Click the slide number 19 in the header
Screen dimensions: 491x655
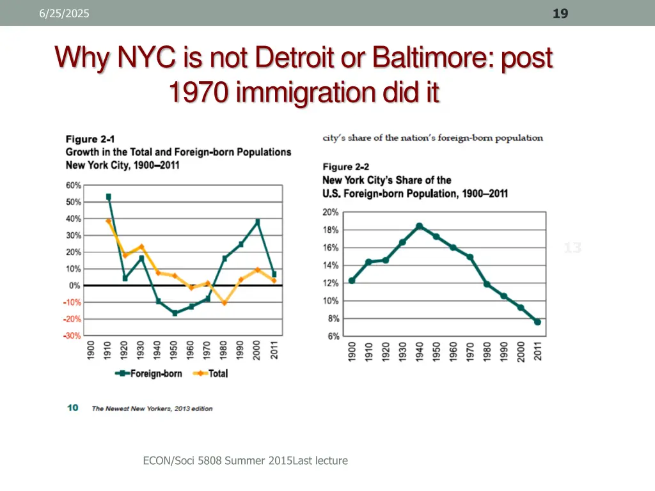(x=560, y=13)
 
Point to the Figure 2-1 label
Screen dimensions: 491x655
(x=86, y=139)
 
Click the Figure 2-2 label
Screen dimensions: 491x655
(x=345, y=167)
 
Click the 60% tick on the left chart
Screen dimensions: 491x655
(x=73, y=185)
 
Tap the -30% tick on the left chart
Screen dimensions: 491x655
(x=72, y=336)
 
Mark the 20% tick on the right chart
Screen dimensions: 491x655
(x=331, y=212)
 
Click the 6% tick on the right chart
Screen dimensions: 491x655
(x=333, y=336)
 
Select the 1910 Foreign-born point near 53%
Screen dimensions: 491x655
(x=109, y=197)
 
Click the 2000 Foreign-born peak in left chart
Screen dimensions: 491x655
(x=257, y=222)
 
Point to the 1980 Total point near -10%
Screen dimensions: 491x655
(x=225, y=302)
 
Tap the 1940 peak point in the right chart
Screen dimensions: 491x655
(x=419, y=226)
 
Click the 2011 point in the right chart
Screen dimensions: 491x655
(x=537, y=322)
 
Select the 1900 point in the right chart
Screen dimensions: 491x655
(x=352, y=281)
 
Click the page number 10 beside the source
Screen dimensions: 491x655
(x=73, y=408)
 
